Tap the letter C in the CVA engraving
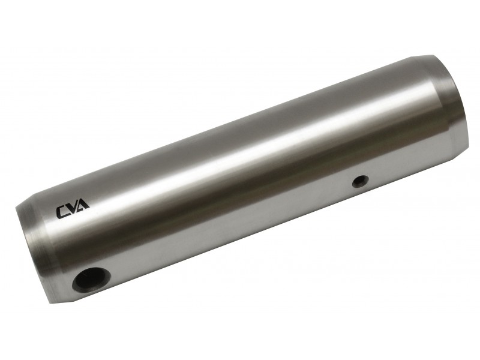(x=62, y=212)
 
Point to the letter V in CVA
(x=73, y=208)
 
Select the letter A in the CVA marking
(x=83, y=205)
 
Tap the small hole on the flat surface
(x=360, y=181)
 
